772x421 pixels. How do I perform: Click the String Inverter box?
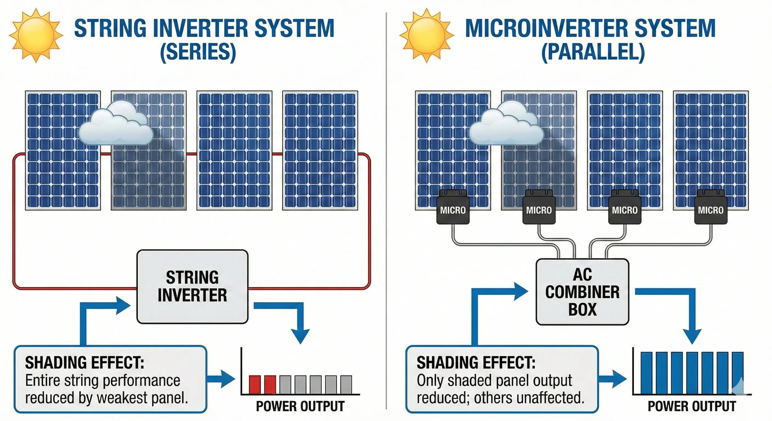tap(192, 286)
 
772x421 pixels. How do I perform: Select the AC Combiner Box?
tap(582, 292)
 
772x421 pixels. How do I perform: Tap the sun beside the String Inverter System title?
tap(36, 35)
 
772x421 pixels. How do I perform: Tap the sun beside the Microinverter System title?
tap(427, 35)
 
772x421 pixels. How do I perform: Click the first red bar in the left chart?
tap(254, 385)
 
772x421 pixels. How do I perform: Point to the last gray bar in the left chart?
tap(346, 385)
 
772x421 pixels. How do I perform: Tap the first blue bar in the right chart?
tap(646, 373)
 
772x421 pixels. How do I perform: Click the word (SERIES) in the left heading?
tap(198, 52)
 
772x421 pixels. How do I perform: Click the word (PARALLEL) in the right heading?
tap(593, 52)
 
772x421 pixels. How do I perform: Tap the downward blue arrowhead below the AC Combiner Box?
tap(692, 335)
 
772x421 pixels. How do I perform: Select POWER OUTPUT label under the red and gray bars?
tap(300, 406)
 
